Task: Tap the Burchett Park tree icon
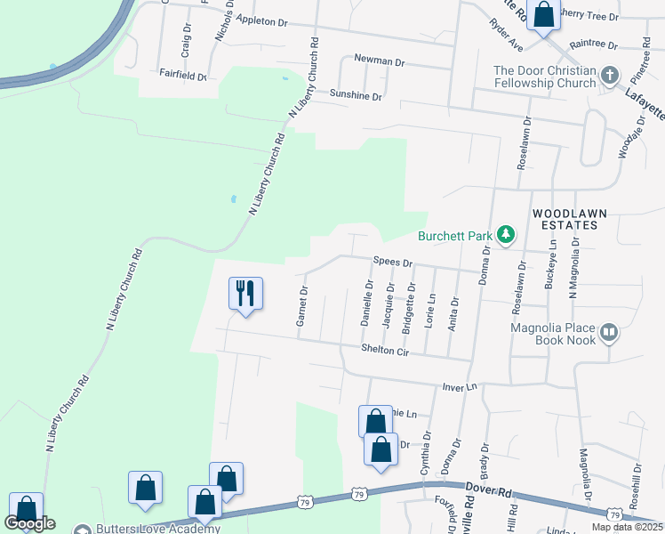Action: (x=507, y=235)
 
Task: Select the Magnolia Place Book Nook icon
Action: (x=609, y=333)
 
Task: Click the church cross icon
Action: (x=610, y=76)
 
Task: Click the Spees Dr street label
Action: (x=393, y=263)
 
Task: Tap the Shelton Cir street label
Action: (x=384, y=352)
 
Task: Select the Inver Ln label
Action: (x=460, y=387)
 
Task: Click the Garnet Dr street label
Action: (x=301, y=307)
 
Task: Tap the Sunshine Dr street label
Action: (x=356, y=95)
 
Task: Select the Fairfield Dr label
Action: (x=182, y=77)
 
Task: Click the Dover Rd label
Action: (x=488, y=489)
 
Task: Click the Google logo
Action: (x=29, y=523)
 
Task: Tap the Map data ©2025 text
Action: (x=627, y=527)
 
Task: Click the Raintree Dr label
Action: (x=594, y=43)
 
